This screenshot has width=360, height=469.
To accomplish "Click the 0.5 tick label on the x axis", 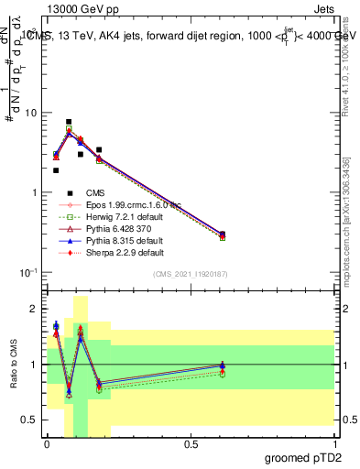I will click(191, 443).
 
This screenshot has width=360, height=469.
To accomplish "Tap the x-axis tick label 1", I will click(334, 443).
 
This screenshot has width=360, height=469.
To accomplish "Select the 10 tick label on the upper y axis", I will click(29, 114).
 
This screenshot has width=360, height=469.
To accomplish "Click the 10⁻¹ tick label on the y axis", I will click(27, 273).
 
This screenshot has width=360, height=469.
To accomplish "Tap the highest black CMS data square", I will click(69, 122).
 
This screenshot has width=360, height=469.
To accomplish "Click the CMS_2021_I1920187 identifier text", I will click(190, 275).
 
